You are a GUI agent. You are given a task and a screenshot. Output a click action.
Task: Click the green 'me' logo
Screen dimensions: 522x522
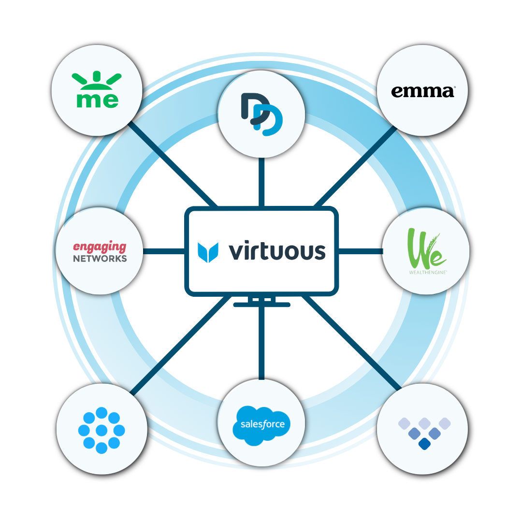[97, 89]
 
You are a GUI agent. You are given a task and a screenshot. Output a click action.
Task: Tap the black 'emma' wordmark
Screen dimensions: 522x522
[423, 91]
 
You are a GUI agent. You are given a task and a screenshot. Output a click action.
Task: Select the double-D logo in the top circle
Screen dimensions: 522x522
[261, 114]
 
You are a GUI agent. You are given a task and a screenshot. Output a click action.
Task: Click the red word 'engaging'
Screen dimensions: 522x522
[100, 247]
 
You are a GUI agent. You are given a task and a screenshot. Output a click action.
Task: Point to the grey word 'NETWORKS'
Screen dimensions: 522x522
[100, 259]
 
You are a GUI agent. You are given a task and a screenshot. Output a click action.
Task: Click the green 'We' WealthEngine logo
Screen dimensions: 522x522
[426, 248]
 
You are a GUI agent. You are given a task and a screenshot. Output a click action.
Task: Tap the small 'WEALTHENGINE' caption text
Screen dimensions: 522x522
[428, 272]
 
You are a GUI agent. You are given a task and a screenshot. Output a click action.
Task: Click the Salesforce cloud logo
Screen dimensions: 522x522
[261, 425]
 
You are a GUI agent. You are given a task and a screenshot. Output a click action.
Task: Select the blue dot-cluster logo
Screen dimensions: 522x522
[101, 430]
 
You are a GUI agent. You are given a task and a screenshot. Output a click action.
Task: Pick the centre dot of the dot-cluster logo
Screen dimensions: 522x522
[101, 430]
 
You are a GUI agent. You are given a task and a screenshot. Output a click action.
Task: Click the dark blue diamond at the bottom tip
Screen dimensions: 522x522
[424, 444]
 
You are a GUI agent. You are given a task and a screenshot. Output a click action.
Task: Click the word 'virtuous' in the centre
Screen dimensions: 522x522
[277, 250]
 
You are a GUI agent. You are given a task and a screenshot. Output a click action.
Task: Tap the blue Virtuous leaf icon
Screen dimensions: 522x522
[208, 252]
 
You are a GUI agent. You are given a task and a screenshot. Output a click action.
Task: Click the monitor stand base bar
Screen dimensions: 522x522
[261, 304]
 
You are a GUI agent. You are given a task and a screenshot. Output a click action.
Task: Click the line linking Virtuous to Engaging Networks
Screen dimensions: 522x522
[164, 251]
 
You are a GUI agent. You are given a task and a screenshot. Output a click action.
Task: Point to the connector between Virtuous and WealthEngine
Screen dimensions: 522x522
[361, 251]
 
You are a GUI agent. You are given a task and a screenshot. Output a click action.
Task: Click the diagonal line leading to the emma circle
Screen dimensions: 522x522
[355, 166]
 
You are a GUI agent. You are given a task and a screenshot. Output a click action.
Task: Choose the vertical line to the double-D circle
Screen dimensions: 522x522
[261, 182]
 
